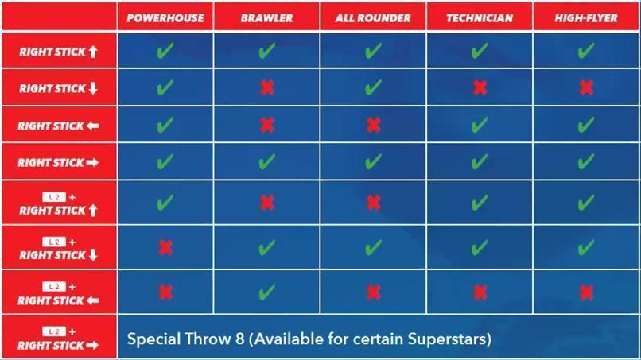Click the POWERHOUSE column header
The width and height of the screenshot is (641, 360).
(x=165, y=18)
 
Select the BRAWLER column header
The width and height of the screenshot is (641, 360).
(x=266, y=18)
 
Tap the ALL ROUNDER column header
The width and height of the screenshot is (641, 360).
(x=373, y=18)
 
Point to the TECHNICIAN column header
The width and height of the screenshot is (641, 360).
(x=480, y=18)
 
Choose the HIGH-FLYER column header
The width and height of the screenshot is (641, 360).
(x=586, y=18)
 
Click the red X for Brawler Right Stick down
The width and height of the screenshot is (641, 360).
(x=267, y=87)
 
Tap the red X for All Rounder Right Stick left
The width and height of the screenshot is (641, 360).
(x=374, y=125)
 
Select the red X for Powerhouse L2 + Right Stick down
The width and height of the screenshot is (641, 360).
(x=165, y=247)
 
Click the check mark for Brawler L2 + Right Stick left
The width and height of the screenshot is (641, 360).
(x=266, y=292)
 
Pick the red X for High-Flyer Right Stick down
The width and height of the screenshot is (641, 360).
(x=586, y=87)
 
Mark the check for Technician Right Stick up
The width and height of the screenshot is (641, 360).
(x=479, y=51)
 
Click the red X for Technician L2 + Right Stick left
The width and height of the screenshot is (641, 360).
(x=480, y=292)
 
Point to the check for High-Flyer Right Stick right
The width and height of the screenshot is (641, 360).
(x=586, y=161)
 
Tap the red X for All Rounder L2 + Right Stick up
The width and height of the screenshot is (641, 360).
(x=374, y=203)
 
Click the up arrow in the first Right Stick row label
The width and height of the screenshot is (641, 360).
(x=93, y=52)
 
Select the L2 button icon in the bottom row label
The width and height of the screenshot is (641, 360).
(x=54, y=331)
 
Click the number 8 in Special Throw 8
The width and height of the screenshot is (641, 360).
(x=240, y=339)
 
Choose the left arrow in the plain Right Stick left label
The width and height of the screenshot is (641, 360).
(x=93, y=126)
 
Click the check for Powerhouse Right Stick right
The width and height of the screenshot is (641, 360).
(x=165, y=161)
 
